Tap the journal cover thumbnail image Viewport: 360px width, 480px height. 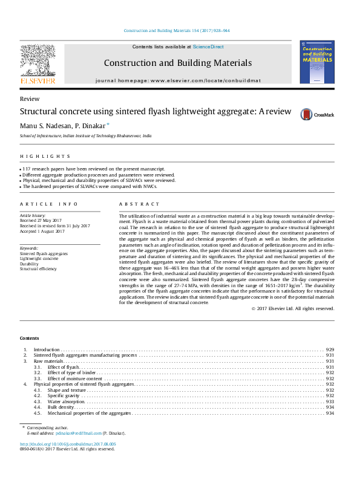(x=316, y=62)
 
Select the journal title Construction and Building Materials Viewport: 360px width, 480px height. (x=177, y=62)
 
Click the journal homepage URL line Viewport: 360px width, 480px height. (x=178, y=80)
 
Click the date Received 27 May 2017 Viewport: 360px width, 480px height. (x=41, y=221)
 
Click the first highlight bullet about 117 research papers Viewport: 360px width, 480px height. (x=94, y=169)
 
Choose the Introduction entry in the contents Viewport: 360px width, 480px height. (x=47, y=350)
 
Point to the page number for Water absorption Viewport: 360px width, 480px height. (x=330, y=401)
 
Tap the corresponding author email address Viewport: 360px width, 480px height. (x=77, y=433)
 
